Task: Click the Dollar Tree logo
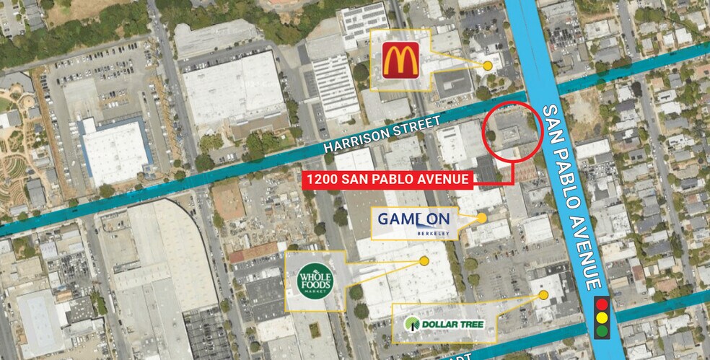pos(444,323)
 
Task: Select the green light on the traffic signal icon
pos(601,331)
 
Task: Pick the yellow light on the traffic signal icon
pos(601,318)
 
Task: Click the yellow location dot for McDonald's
pos(488,65)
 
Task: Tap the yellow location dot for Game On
pos(482,216)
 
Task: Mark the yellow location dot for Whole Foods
pos(424,260)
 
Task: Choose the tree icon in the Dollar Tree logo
pos(411,324)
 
